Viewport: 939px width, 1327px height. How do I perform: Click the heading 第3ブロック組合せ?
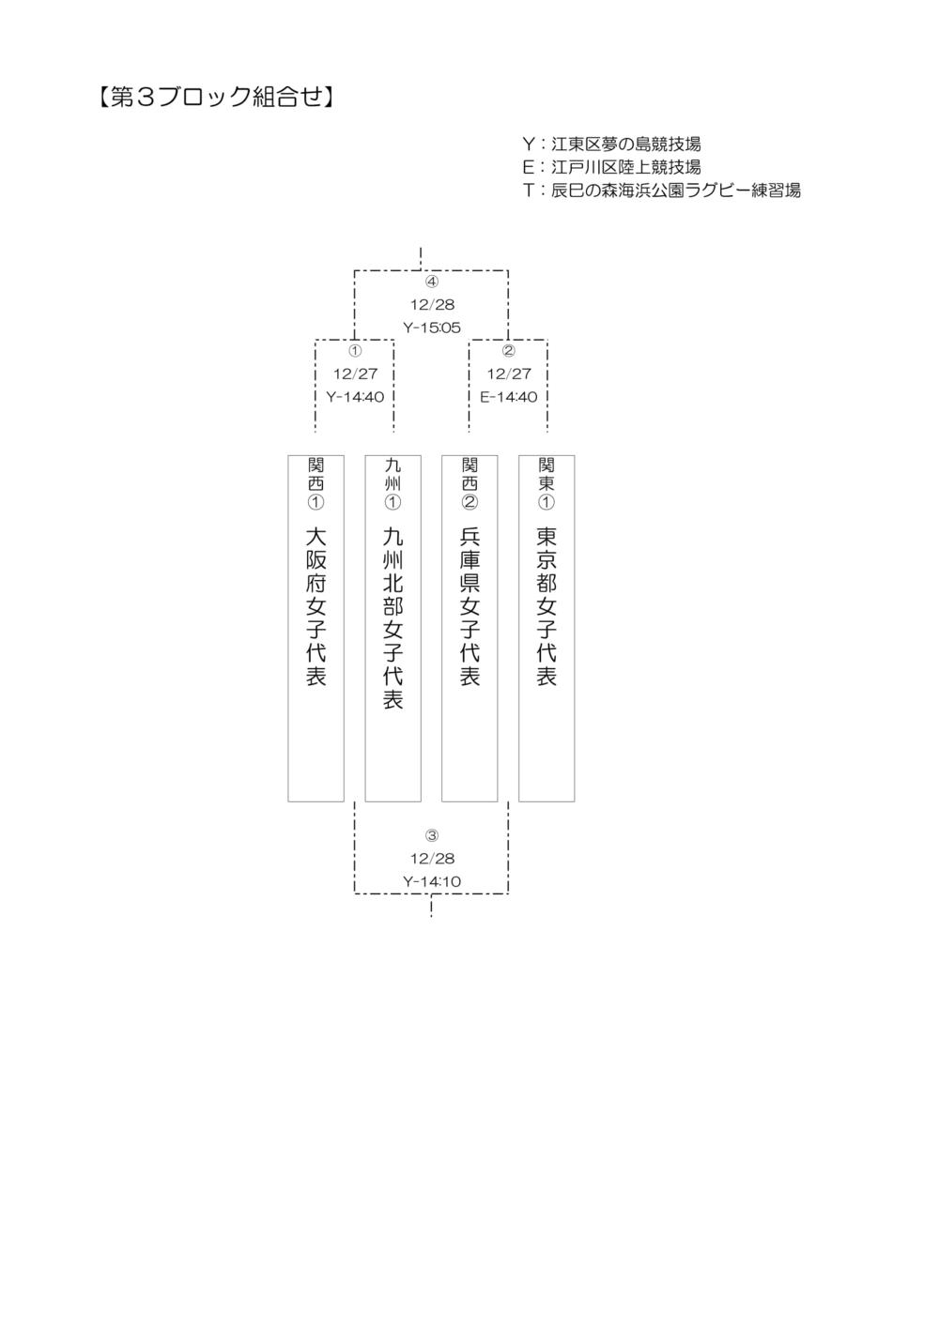tap(215, 98)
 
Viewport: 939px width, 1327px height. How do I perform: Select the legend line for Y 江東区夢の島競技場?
tap(612, 144)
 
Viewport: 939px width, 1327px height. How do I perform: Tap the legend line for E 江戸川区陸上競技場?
tap(612, 167)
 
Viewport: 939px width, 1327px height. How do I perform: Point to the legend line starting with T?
tap(662, 191)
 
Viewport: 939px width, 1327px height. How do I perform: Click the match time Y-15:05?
tap(432, 328)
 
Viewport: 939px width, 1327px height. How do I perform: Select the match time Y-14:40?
tap(355, 397)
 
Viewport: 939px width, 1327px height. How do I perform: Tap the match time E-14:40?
tap(509, 397)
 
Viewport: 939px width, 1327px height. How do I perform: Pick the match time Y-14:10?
tap(432, 881)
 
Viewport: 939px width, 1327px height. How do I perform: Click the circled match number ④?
tap(432, 282)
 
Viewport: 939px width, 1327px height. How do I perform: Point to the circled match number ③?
tap(432, 835)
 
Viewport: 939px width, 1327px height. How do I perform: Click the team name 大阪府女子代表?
tap(316, 606)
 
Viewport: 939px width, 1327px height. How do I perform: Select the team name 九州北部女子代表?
tap(393, 618)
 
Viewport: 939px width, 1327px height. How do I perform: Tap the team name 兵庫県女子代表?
tap(469, 606)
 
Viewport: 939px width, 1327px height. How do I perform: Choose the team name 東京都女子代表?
tap(546, 606)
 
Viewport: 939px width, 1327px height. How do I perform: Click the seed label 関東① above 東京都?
tap(546, 483)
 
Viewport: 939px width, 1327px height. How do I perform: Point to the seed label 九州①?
tap(393, 483)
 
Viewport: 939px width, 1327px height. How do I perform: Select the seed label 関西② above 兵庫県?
tap(469, 483)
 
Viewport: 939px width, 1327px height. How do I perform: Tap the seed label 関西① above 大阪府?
tap(316, 483)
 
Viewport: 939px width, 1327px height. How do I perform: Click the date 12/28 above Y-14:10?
tap(432, 859)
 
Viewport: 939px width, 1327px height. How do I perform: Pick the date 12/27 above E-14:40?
tap(509, 374)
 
